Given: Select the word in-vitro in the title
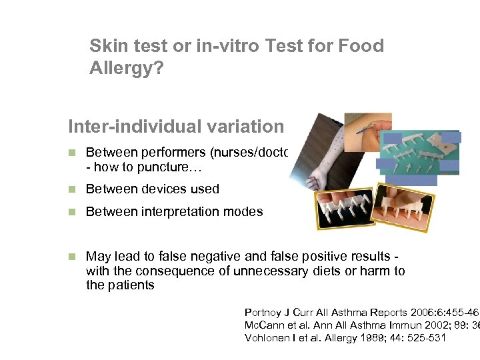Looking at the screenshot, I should click(x=227, y=46).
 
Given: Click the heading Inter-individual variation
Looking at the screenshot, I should click(x=176, y=126).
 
